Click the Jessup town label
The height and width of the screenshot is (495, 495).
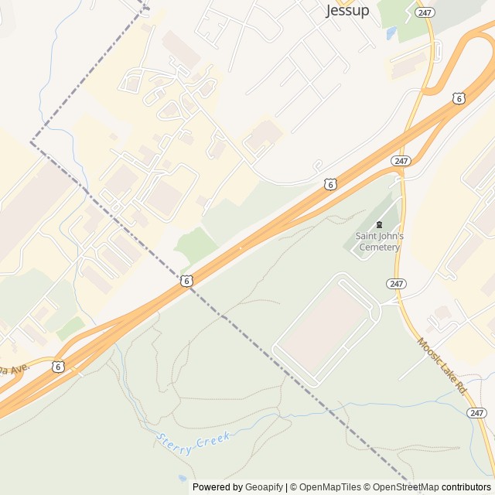(x=347, y=11)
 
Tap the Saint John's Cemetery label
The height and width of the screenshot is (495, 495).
(x=379, y=241)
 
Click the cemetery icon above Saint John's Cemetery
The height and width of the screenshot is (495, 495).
(x=379, y=224)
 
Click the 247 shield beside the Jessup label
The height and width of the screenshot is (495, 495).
(x=424, y=12)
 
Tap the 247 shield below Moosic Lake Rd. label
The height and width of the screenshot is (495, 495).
(x=477, y=413)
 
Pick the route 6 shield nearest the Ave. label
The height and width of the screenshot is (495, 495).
(x=60, y=367)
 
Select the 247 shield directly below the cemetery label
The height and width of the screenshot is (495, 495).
(x=397, y=284)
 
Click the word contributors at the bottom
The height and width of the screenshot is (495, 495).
(x=466, y=487)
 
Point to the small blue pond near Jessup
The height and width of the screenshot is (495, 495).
(x=391, y=33)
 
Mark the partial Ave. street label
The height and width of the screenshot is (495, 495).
(x=17, y=367)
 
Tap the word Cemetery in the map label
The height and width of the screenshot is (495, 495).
(x=379, y=247)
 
